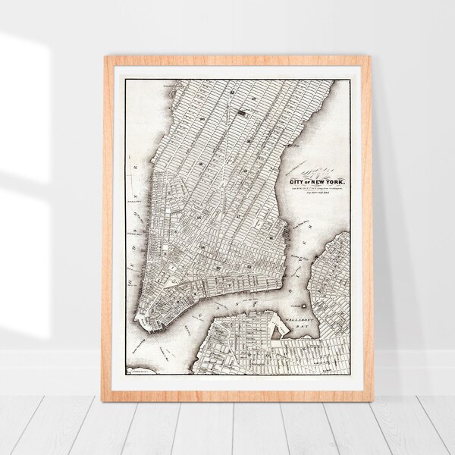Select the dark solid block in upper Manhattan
click(241, 113)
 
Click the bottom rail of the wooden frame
click(237, 396)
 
